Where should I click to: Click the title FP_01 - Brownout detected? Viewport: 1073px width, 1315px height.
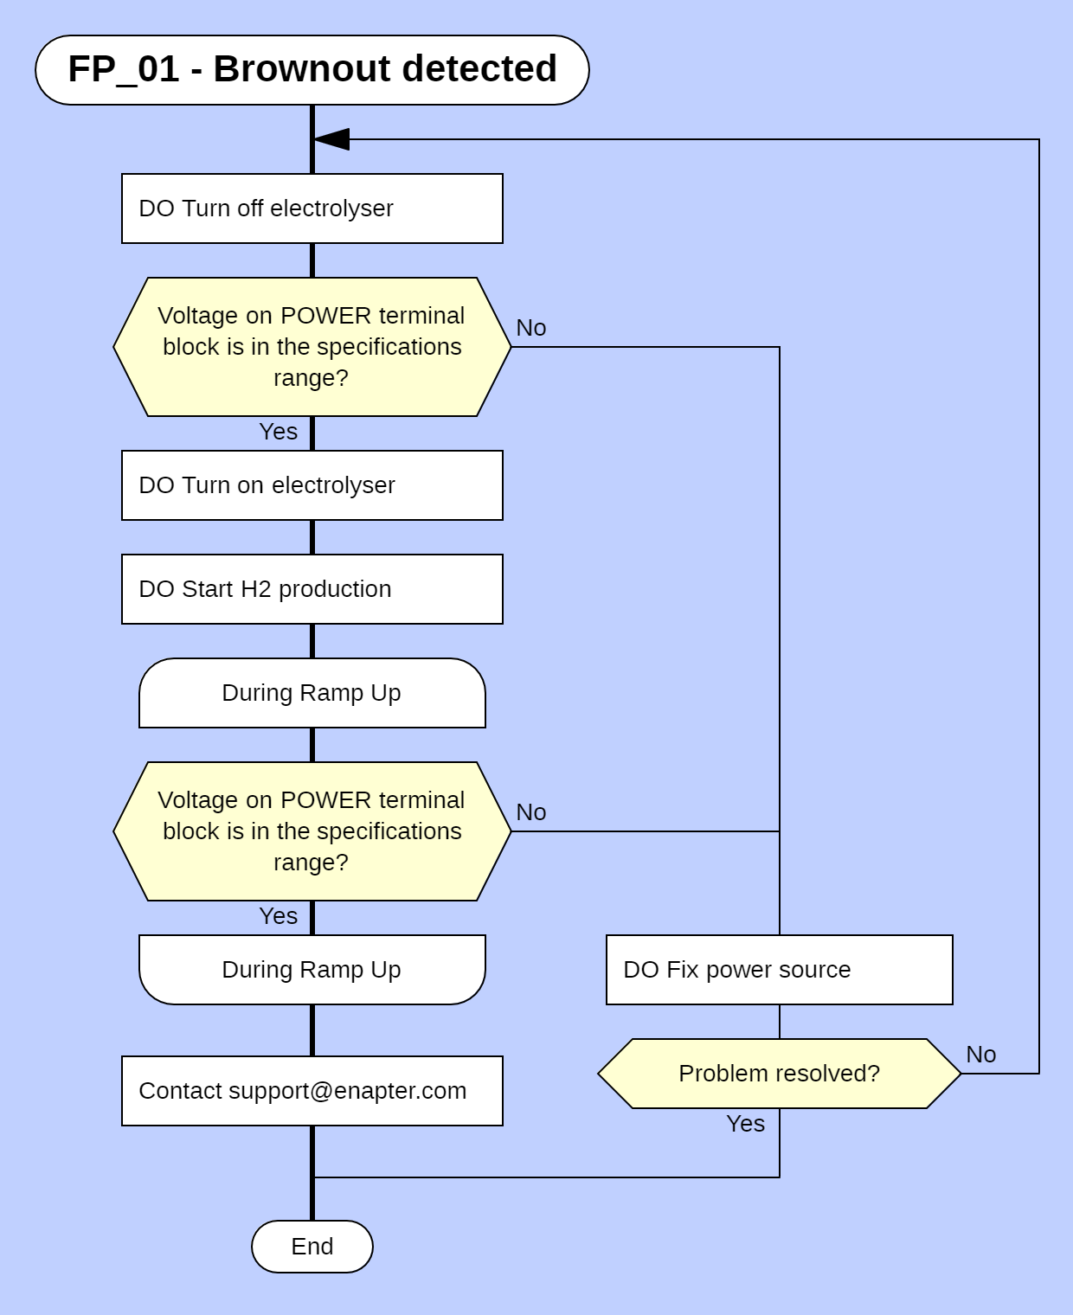(312, 70)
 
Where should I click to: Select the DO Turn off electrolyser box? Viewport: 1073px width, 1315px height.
(312, 208)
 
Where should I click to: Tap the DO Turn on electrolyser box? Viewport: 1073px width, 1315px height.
(312, 485)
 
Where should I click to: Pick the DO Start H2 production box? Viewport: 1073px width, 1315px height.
(312, 589)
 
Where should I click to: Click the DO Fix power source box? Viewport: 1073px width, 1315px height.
(779, 970)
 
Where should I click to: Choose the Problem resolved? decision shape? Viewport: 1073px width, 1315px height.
(779, 1074)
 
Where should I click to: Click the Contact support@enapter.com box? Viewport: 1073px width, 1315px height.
(312, 1091)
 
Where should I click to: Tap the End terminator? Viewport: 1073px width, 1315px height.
(312, 1247)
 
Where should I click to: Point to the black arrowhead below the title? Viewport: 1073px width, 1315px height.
(332, 139)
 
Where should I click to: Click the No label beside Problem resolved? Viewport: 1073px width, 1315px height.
(980, 1055)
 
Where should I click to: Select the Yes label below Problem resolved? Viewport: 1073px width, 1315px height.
(745, 1124)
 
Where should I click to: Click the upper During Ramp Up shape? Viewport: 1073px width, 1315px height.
(312, 693)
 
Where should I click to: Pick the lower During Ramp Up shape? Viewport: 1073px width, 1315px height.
(312, 970)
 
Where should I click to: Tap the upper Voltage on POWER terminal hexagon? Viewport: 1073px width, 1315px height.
(312, 347)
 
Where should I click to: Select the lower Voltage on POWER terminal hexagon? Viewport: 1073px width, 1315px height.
(312, 831)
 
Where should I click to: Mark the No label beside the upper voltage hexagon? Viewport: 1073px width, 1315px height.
(530, 328)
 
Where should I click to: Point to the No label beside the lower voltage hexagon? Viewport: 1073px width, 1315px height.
(530, 812)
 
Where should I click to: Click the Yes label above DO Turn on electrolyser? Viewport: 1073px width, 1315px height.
(278, 432)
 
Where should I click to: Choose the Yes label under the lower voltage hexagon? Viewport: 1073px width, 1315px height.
(278, 916)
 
